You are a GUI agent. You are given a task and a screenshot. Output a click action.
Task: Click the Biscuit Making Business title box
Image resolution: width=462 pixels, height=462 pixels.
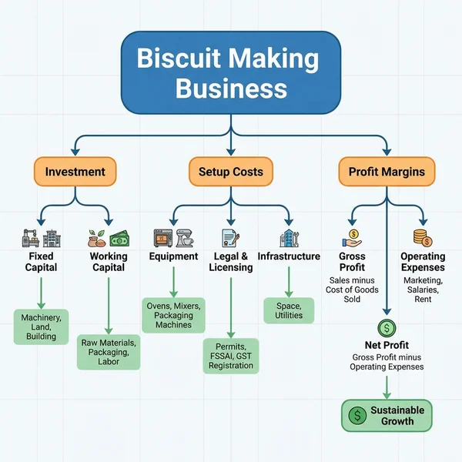pyautogui.click(x=230, y=74)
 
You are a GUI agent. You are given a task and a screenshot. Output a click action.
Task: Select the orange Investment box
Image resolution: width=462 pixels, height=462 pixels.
pyautogui.click(x=74, y=172)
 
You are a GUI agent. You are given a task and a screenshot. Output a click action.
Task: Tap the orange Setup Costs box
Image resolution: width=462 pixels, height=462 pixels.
pyautogui.click(x=231, y=172)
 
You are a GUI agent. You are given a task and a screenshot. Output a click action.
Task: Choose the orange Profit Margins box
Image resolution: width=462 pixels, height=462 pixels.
pyautogui.click(x=387, y=172)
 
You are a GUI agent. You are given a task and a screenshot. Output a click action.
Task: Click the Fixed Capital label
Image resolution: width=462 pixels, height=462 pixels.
pyautogui.click(x=42, y=262)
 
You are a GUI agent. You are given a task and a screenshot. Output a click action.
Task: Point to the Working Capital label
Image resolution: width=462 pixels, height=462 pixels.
pyautogui.click(x=109, y=262)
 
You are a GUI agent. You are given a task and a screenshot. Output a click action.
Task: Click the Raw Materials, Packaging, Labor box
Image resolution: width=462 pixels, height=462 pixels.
pyautogui.click(x=109, y=351)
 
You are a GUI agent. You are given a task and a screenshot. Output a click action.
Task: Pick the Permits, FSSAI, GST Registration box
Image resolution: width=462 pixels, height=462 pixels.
pyautogui.click(x=231, y=356)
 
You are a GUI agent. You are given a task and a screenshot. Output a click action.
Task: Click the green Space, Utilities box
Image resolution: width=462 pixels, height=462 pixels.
pyautogui.click(x=289, y=310)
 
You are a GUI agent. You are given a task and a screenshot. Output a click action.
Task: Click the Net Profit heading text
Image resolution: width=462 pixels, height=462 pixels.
pyautogui.click(x=387, y=346)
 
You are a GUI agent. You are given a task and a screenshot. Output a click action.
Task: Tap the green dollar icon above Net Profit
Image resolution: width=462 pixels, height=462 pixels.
pyautogui.click(x=387, y=329)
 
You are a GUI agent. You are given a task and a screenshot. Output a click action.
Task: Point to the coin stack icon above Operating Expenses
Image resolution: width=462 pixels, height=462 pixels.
pyautogui.click(x=421, y=238)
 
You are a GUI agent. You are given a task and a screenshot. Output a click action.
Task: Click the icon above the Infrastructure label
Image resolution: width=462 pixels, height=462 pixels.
pyautogui.click(x=289, y=238)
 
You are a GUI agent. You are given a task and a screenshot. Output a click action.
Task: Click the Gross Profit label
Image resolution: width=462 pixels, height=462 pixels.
pyautogui.click(x=352, y=262)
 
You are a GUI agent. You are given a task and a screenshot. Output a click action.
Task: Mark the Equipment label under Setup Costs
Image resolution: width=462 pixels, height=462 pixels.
pyautogui.click(x=173, y=256)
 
